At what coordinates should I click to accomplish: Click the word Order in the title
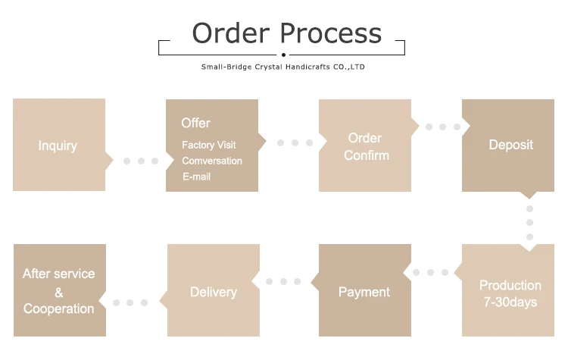click(231, 34)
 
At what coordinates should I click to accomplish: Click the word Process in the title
click(331, 34)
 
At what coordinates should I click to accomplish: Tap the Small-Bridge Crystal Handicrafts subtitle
click(283, 67)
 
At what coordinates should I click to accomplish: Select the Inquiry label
click(58, 146)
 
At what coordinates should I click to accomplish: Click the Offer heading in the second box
click(195, 123)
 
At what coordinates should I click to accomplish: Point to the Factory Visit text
click(208, 145)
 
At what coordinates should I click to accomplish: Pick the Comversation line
click(212, 161)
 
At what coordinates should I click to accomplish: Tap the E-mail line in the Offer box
click(196, 177)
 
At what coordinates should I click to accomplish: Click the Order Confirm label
click(366, 146)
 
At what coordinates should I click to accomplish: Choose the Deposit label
click(510, 145)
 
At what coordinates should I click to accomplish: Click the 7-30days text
click(510, 302)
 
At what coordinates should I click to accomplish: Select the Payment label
click(364, 292)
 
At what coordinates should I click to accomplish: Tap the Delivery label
click(213, 292)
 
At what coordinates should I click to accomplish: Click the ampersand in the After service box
click(59, 292)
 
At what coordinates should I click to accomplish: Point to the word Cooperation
click(59, 308)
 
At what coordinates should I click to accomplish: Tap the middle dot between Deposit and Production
click(529, 223)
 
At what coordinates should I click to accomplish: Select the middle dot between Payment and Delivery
click(284, 281)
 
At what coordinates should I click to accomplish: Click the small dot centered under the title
click(283, 55)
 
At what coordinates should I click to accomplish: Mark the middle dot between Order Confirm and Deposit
click(443, 127)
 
